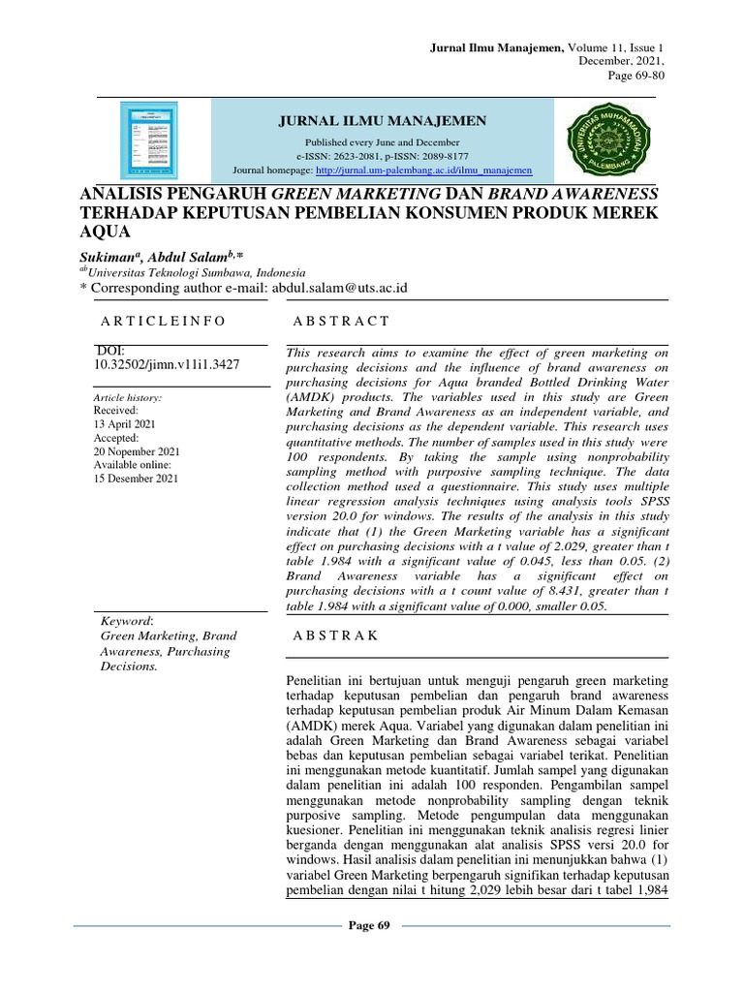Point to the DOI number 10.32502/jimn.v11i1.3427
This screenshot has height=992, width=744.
[x=167, y=364]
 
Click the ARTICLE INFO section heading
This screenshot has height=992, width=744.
[x=163, y=321]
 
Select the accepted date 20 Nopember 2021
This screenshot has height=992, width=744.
[x=136, y=451]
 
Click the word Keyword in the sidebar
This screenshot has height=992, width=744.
[x=128, y=620]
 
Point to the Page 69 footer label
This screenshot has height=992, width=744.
[x=368, y=926]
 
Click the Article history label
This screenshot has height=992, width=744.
[x=127, y=398]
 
